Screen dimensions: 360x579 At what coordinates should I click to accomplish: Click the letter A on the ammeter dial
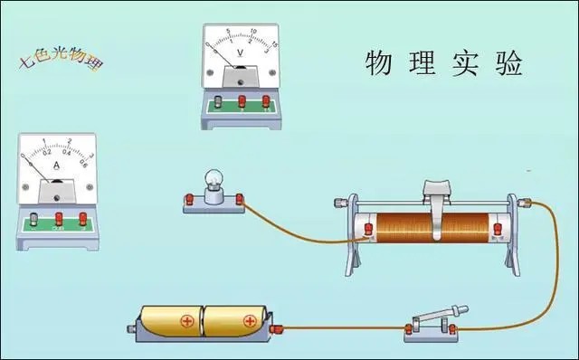(x=56, y=167)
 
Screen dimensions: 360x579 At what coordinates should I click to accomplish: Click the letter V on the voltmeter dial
(x=239, y=52)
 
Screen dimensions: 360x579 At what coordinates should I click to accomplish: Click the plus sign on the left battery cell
(x=187, y=320)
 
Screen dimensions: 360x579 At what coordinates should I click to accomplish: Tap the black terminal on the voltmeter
(x=220, y=103)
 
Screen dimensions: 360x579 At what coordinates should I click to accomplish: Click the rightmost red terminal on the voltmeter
(x=265, y=102)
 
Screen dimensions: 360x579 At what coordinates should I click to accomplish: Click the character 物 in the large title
(x=380, y=64)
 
